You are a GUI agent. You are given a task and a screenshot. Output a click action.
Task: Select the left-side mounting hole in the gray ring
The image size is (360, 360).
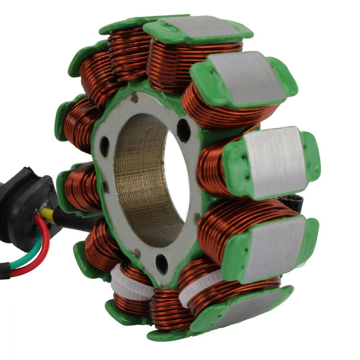[x=104, y=144]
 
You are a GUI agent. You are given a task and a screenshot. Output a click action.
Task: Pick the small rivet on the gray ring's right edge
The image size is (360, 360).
[x=197, y=216]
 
